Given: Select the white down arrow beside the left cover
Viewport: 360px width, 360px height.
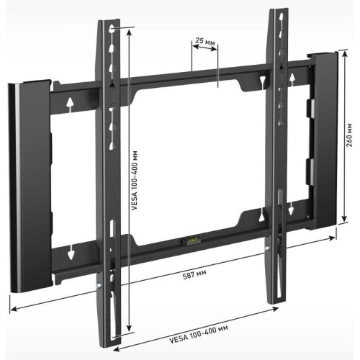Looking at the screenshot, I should [71, 254].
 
